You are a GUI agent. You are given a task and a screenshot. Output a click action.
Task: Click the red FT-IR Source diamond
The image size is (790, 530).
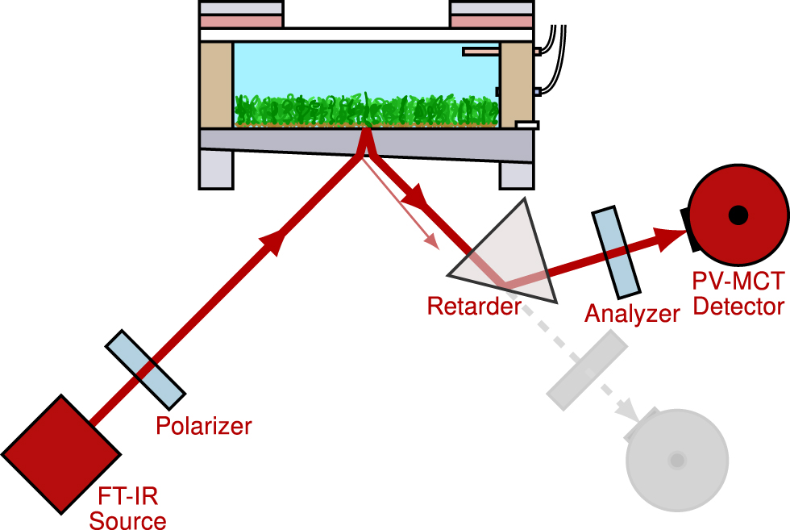[60, 453]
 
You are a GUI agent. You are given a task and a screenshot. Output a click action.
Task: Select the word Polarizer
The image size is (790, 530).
[204, 425]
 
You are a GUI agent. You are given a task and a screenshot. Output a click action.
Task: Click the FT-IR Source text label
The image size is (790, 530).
[127, 509]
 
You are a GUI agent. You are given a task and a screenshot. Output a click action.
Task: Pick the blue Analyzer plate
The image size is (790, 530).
[617, 251]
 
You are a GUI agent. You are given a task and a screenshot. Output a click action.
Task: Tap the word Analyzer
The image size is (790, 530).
[633, 313]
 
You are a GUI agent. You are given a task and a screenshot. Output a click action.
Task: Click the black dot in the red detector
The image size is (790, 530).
[737, 215]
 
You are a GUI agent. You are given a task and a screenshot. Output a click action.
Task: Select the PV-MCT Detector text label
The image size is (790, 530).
[738, 294]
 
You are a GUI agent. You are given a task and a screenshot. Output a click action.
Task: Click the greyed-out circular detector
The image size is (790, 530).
[677, 460]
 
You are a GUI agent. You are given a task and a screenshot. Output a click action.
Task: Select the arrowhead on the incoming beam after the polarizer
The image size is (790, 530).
[276, 240]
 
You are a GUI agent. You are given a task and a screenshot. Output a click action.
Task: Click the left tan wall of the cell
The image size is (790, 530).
[216, 85]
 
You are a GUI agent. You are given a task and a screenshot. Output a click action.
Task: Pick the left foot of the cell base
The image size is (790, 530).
[216, 169]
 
